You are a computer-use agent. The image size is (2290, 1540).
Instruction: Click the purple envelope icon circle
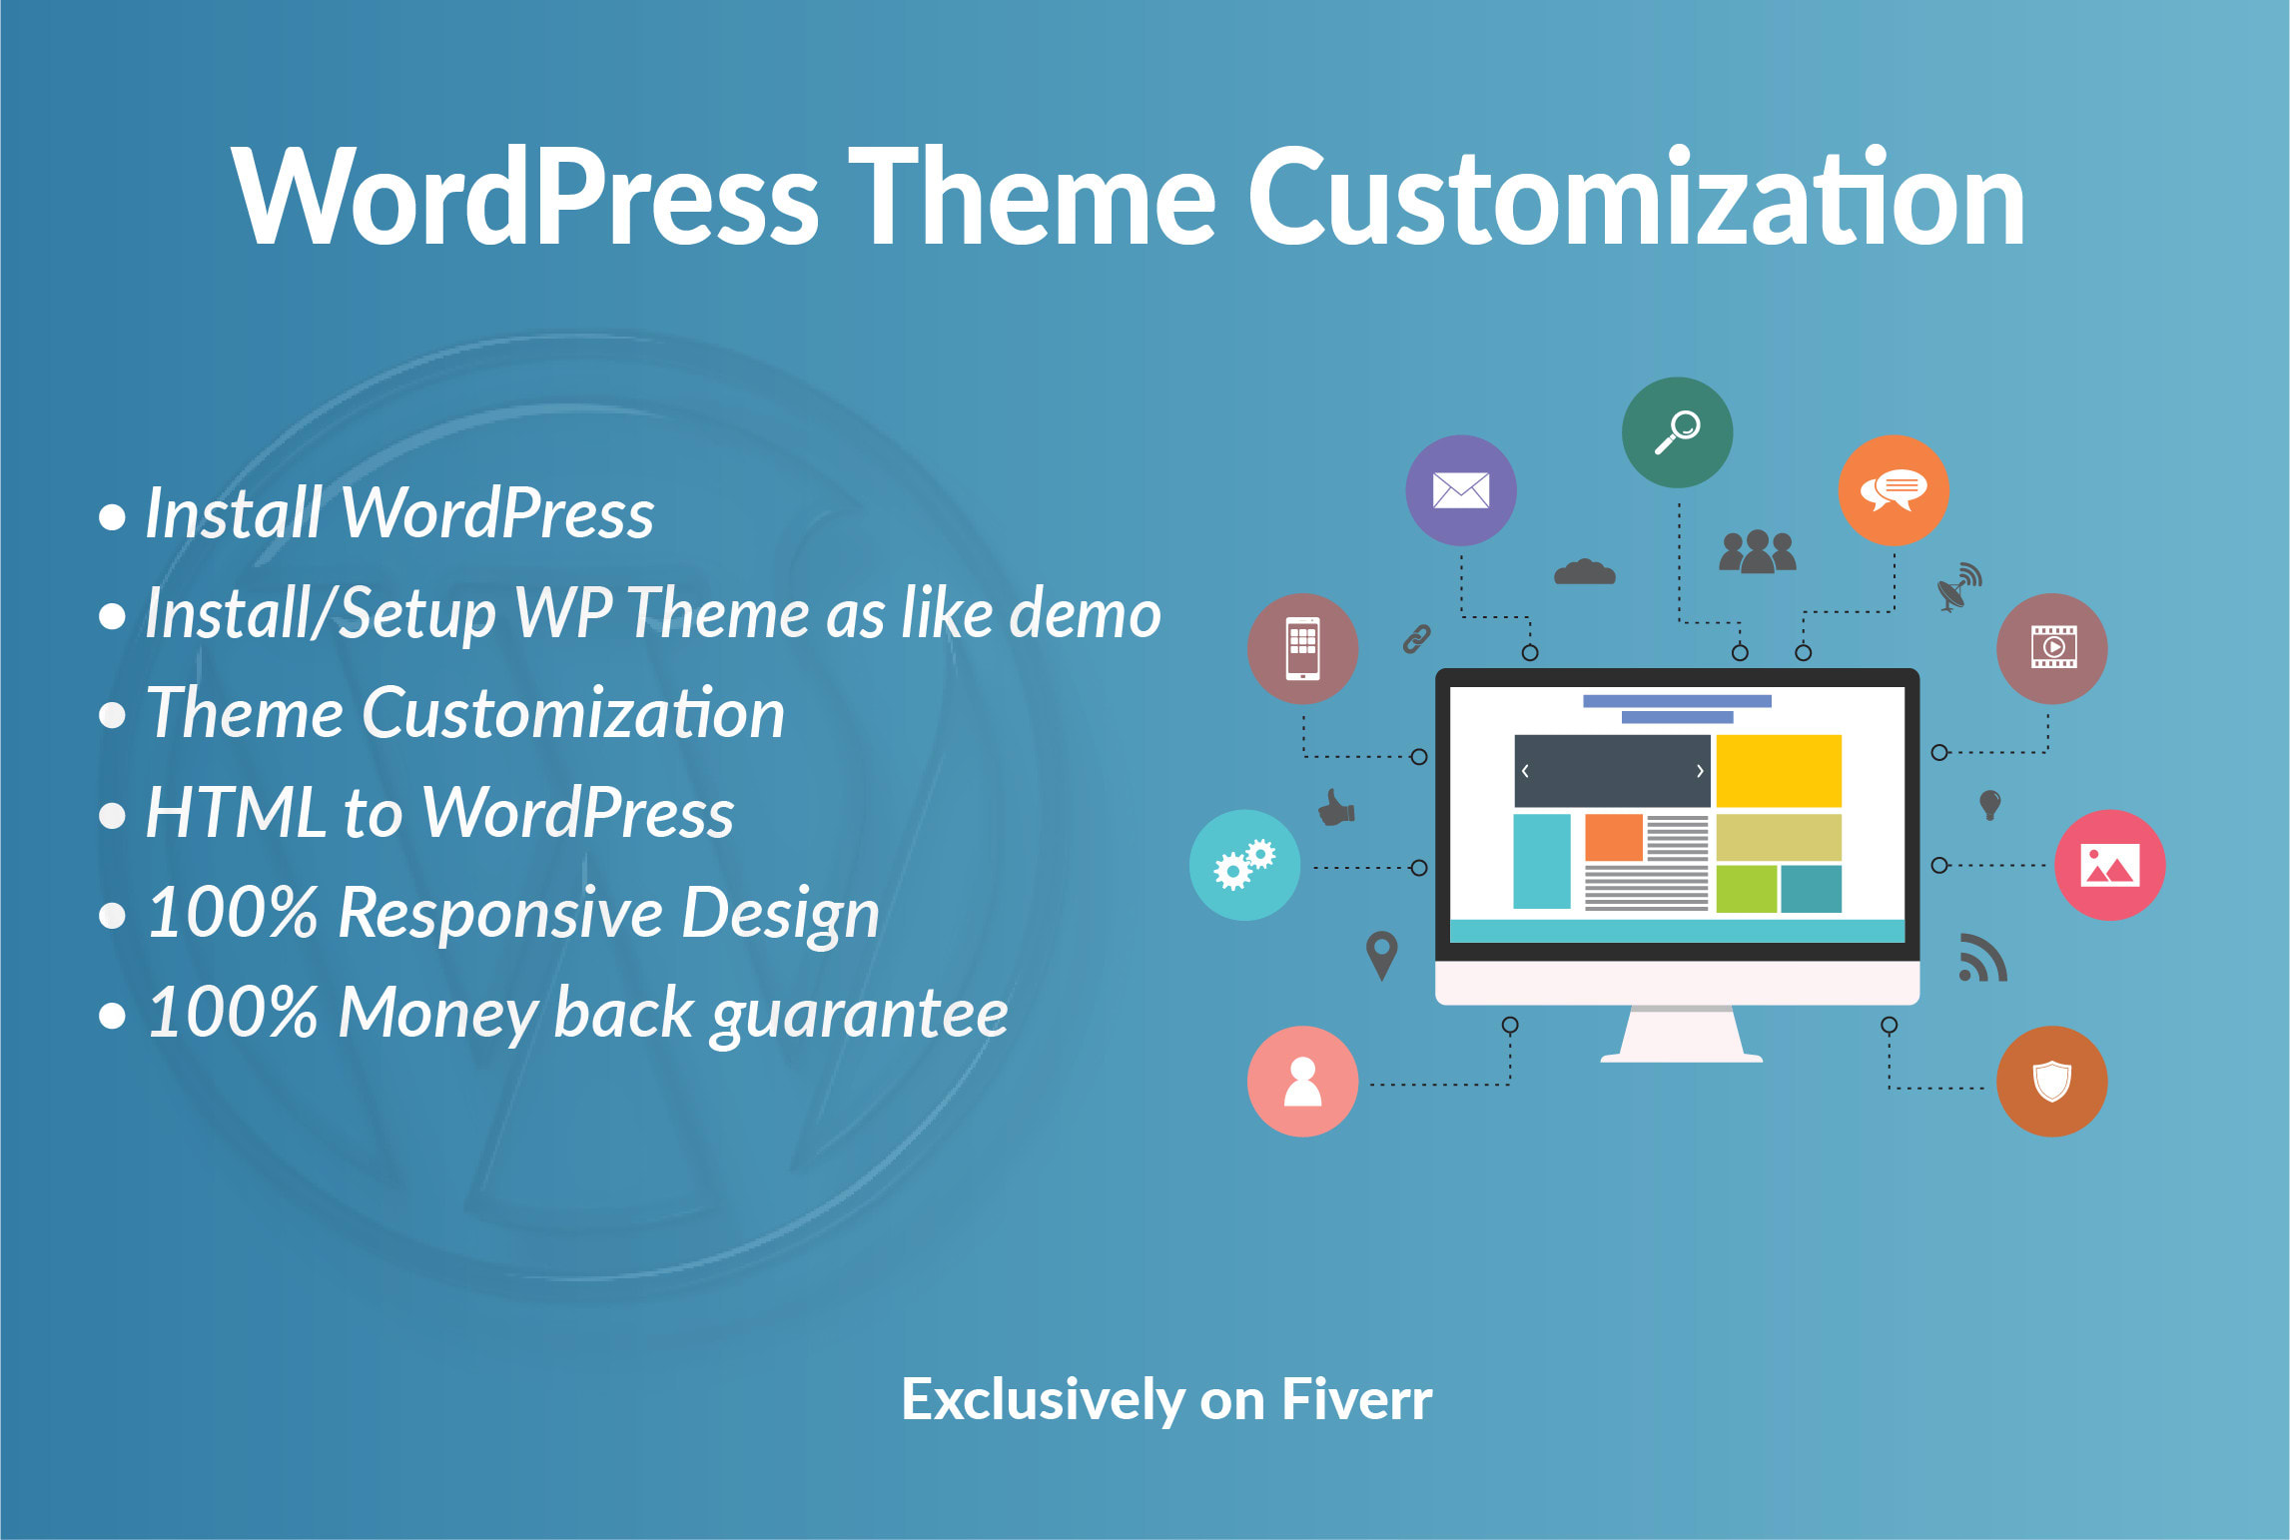(1460, 490)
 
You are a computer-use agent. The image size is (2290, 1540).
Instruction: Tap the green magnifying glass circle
(1677, 432)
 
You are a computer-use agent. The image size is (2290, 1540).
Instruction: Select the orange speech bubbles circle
(1893, 490)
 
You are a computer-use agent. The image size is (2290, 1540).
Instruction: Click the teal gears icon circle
(1244, 865)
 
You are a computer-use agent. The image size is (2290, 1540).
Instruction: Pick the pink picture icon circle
(2109, 865)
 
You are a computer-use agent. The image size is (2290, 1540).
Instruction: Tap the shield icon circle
(2051, 1082)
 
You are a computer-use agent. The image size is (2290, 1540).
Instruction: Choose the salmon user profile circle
(1302, 1082)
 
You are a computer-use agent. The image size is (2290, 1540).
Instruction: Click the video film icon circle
(2051, 649)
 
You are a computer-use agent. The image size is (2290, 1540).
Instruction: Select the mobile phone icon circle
(1302, 649)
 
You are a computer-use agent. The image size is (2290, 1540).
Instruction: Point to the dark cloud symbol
(1584, 572)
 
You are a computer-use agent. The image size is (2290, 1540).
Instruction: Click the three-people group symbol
(1757, 552)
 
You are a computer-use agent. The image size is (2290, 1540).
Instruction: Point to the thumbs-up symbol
(1336, 807)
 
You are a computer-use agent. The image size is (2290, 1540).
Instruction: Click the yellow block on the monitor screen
(1778, 771)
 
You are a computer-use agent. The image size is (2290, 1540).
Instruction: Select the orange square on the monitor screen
(1613, 837)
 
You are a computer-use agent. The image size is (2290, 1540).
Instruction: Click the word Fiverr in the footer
(1356, 1399)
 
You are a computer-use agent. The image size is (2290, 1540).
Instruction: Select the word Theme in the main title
(1032, 197)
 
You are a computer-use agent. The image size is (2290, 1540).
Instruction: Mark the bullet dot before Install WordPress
(113, 517)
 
